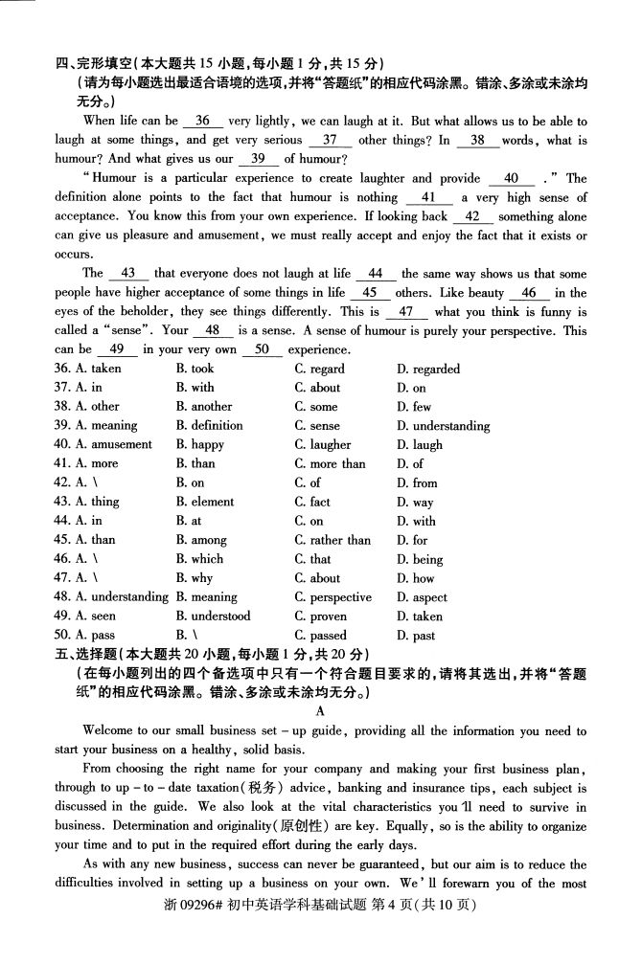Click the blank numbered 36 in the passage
tap(201, 121)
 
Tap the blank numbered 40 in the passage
tap(511, 178)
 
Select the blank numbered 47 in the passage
tap(406, 312)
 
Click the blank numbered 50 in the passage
tap(257, 350)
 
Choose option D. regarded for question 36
tap(427, 369)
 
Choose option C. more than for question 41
tap(330, 463)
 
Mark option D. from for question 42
tap(417, 482)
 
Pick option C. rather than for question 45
tap(332, 540)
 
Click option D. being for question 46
tap(420, 559)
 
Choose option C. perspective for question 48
tap(332, 597)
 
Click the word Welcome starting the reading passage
tap(107, 730)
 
